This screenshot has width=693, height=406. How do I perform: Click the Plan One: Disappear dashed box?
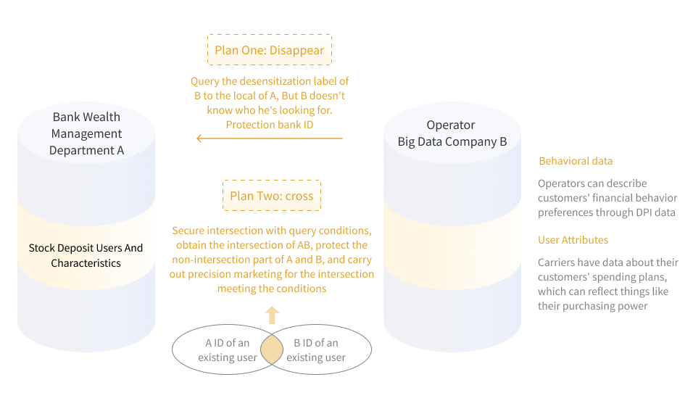(x=269, y=51)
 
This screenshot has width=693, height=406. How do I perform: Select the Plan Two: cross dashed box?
(x=271, y=196)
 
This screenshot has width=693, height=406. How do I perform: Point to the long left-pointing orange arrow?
(x=269, y=138)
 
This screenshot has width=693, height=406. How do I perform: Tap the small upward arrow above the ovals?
(x=272, y=315)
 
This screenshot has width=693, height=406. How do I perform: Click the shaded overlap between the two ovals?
(x=272, y=350)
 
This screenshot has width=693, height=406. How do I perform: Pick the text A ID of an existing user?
(x=228, y=350)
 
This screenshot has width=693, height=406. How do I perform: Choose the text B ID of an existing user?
(x=316, y=350)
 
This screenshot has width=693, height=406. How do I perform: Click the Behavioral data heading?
(x=576, y=161)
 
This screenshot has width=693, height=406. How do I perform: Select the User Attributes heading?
(x=573, y=240)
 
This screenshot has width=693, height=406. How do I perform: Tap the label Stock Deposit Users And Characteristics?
(x=86, y=255)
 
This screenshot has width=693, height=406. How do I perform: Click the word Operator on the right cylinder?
(x=451, y=125)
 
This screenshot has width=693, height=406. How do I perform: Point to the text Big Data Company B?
(x=452, y=142)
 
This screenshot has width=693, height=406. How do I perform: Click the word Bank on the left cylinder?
(x=67, y=117)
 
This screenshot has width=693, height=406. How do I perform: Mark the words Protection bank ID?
(x=269, y=125)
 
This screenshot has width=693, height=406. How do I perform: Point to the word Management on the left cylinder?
(x=86, y=133)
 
